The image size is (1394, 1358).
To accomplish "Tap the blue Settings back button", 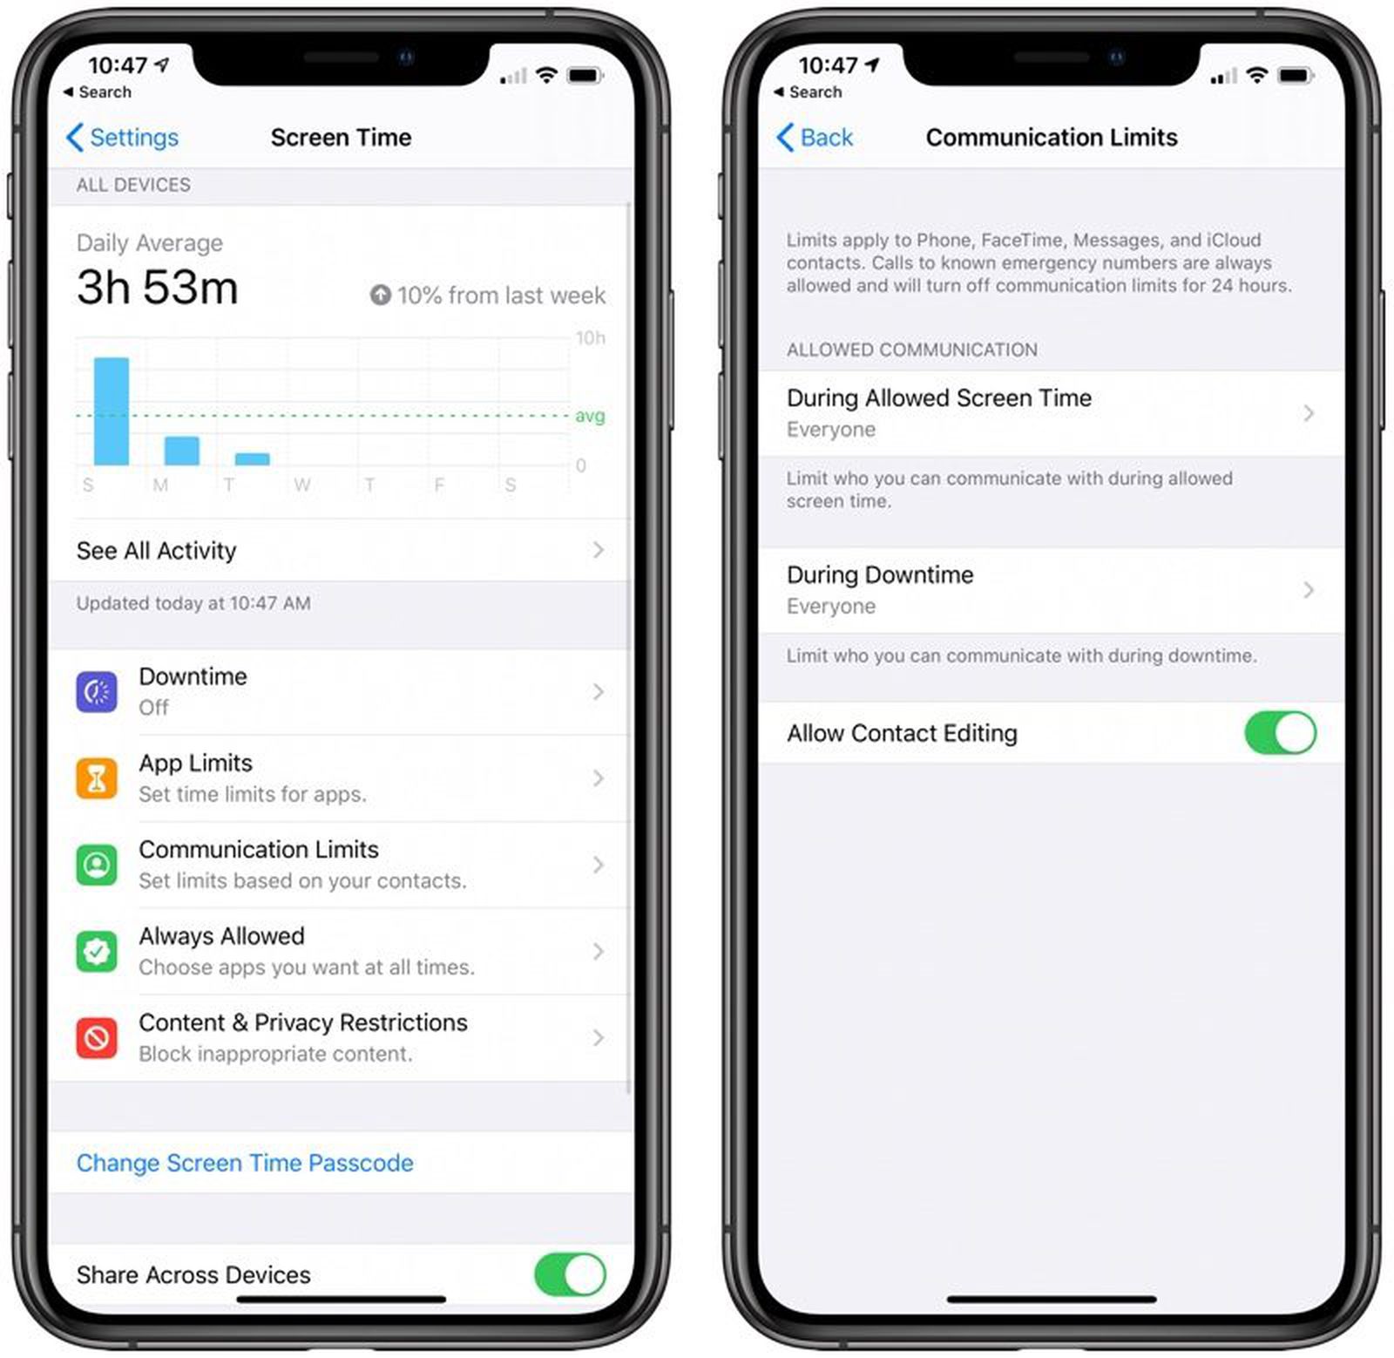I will click(x=122, y=138).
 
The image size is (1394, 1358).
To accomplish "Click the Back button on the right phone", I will click(x=815, y=138).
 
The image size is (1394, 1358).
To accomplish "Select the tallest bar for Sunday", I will click(x=112, y=411).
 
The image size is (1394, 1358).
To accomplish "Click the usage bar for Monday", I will click(x=182, y=451).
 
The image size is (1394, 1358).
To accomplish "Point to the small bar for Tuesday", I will click(x=253, y=458).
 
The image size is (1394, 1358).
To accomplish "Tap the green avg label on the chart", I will click(x=590, y=416).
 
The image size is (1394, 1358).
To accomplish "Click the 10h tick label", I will click(x=590, y=338).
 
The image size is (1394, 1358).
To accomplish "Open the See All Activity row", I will click(x=340, y=550).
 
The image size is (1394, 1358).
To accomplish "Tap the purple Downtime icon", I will click(x=97, y=692).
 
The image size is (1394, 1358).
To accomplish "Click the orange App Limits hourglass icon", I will click(x=97, y=778).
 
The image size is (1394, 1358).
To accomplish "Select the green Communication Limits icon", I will click(x=97, y=865).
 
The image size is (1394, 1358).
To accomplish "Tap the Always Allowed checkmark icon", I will click(x=97, y=951).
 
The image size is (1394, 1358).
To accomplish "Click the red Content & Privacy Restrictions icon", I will click(x=97, y=1037).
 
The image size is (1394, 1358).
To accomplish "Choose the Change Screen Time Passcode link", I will click(x=245, y=1163).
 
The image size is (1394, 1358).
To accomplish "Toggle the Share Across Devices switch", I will click(x=570, y=1275).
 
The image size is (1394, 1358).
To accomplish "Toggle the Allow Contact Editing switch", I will click(x=1280, y=733).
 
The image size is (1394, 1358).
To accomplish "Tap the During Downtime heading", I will click(x=880, y=575).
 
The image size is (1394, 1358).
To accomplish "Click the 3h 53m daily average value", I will click(x=158, y=288).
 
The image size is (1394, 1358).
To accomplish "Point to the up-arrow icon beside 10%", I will click(x=380, y=295).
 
